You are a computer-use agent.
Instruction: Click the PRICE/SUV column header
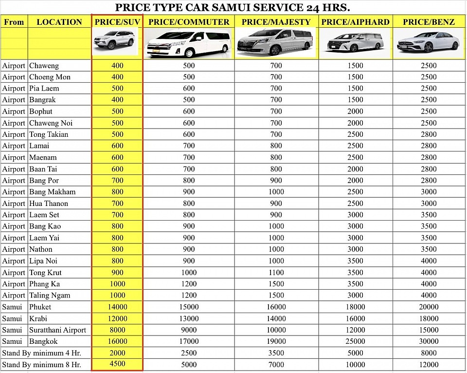coord(117,22)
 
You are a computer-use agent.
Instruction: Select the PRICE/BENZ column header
coord(429,22)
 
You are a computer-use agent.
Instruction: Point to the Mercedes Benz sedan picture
coord(428,42)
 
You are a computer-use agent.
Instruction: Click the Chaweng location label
coord(44,66)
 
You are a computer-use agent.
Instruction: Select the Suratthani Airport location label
coord(57,330)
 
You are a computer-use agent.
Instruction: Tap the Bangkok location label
coord(43,341)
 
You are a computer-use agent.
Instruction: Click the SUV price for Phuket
coord(117,307)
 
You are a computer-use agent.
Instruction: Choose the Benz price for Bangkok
coord(429,341)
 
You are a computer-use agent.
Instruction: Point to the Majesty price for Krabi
coord(276,318)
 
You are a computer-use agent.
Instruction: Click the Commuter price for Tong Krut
coord(189,273)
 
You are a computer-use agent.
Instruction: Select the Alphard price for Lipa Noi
coord(355,261)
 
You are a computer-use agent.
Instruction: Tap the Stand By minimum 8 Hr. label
coord(41,364)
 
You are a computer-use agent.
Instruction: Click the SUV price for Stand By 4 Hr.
coord(117,353)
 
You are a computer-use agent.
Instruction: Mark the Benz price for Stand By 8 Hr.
coord(429,364)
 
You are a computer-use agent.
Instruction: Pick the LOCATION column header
coord(59,22)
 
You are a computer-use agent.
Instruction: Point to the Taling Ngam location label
coord(50,296)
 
